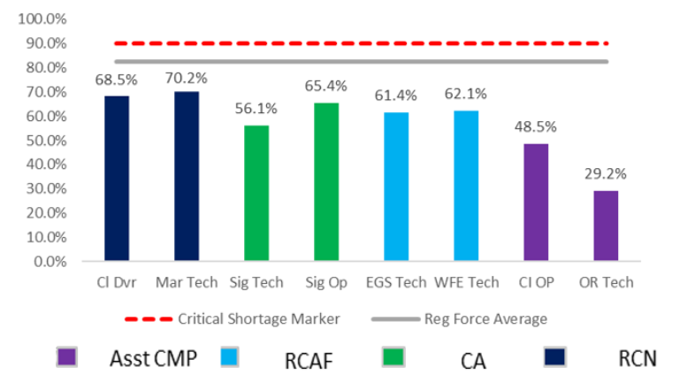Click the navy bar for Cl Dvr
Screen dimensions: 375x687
point(116,179)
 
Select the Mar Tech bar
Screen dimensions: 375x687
point(186,177)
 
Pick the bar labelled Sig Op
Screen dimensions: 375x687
point(326,182)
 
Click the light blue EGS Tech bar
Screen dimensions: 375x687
point(396,187)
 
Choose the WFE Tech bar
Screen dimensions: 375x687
point(466,187)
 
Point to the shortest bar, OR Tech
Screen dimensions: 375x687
point(606,226)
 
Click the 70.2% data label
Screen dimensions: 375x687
point(186,78)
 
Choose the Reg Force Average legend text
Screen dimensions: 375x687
point(494,318)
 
